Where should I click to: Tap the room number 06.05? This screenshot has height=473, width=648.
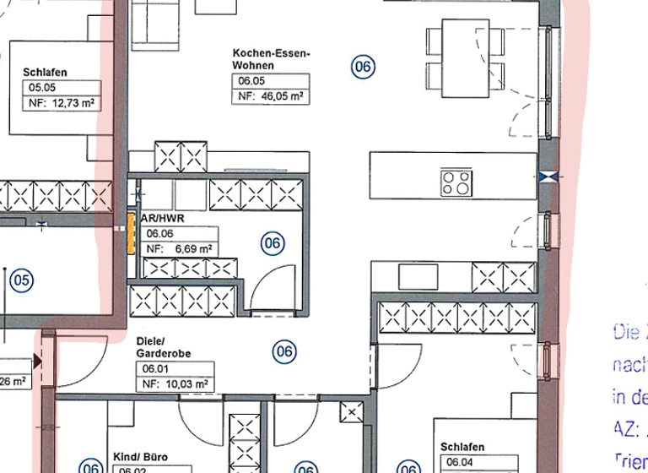click(x=250, y=83)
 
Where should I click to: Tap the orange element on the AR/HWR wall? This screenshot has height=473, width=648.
click(x=132, y=233)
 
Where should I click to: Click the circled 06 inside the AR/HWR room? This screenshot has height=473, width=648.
click(x=272, y=244)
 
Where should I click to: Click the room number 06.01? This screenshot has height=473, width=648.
click(x=153, y=369)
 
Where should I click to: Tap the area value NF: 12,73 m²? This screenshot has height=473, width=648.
click(x=60, y=104)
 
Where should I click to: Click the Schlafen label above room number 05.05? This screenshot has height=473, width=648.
click(x=44, y=72)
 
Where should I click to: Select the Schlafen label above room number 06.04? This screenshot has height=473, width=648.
click(x=462, y=447)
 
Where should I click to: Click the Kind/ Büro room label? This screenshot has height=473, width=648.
click(x=140, y=457)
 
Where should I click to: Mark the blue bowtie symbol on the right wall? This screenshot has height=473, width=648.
click(x=548, y=177)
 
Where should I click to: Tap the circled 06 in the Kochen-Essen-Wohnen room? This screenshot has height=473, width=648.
click(x=362, y=67)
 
